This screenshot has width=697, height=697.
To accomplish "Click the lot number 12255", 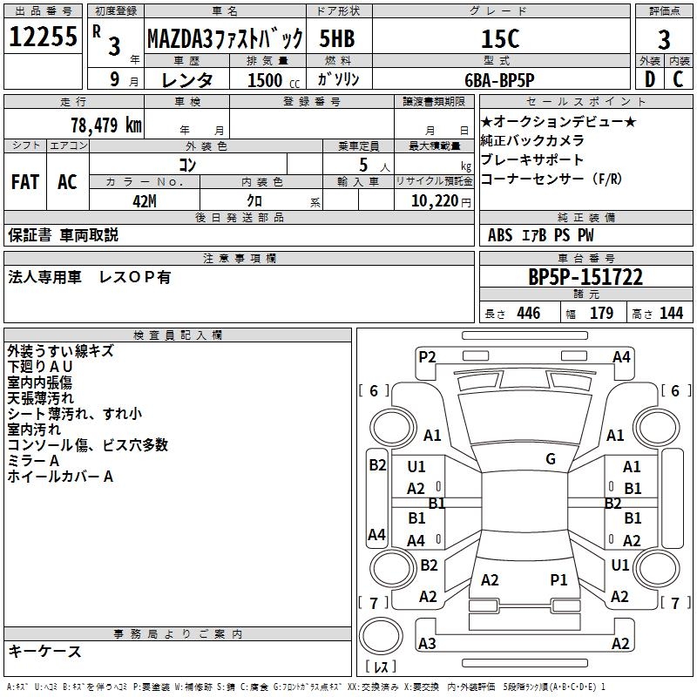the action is click(43, 37).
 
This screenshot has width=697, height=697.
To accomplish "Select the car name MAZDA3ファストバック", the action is click(225, 38).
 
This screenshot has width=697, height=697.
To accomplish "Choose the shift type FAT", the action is click(24, 182).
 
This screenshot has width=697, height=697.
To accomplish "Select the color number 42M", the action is click(144, 200).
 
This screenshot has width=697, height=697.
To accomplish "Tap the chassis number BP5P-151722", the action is click(585, 277).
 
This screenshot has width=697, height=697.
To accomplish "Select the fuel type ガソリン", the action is click(340, 79).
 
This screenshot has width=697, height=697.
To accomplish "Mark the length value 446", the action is click(528, 313).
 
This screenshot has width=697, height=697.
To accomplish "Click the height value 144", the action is click(671, 313).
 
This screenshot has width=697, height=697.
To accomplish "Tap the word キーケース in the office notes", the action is click(44, 652).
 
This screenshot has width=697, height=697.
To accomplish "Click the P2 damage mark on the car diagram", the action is click(427, 355).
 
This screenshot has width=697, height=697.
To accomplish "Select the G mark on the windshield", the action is click(551, 459).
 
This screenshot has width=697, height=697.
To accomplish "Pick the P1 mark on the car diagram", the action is click(558, 579).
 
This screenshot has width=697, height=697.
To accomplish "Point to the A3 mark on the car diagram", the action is click(427, 644).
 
